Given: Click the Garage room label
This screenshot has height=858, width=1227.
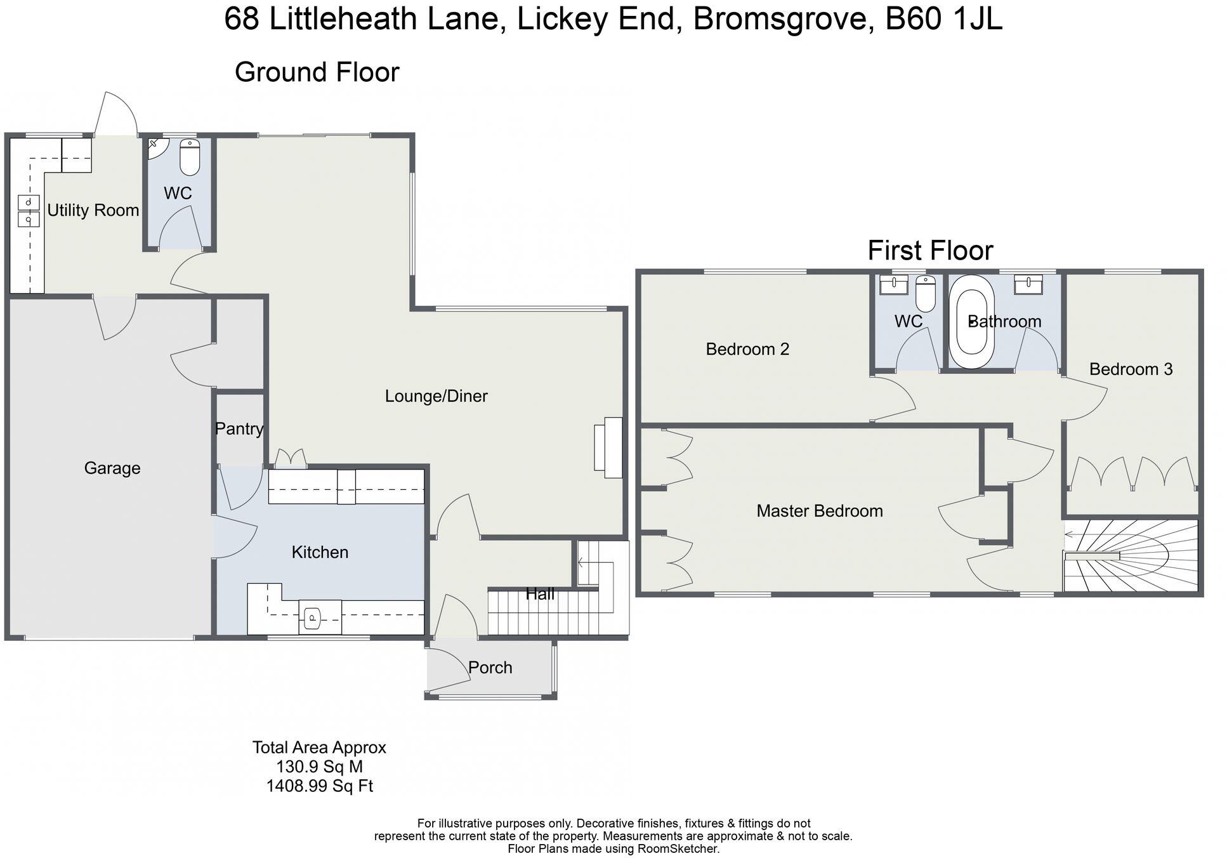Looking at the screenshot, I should click(x=112, y=468).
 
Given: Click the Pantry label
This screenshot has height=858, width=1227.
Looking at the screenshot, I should click(x=239, y=429).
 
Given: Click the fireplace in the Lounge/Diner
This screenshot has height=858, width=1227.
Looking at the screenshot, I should click(x=608, y=447).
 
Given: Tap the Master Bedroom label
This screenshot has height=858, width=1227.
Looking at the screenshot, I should click(x=819, y=511).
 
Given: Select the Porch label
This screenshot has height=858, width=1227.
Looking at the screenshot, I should click(x=490, y=668).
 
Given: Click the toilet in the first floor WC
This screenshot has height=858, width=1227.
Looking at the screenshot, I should click(x=926, y=294).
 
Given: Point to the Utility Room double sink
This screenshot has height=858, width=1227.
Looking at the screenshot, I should click(x=29, y=211).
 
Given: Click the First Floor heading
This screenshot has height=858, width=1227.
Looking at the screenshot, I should click(x=929, y=251).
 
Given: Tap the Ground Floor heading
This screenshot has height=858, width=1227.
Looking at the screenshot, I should click(x=317, y=72).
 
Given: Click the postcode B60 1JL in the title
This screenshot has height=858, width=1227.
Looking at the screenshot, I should click(x=943, y=19).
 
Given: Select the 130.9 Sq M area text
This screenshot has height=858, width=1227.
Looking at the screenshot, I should click(x=319, y=767).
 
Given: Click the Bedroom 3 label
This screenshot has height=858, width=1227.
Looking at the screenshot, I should click(x=1131, y=369).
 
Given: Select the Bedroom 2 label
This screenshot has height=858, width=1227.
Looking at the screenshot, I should click(x=747, y=349).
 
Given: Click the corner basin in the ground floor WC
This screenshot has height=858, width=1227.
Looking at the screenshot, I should click(x=155, y=147).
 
